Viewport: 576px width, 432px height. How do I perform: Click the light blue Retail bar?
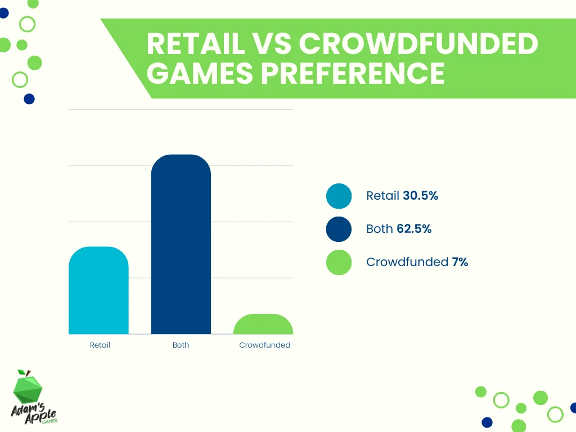tap(98, 290)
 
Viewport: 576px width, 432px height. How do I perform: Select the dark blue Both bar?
tap(181, 244)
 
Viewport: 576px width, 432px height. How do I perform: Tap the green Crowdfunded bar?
tap(263, 325)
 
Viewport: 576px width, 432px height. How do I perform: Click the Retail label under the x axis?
tap(100, 345)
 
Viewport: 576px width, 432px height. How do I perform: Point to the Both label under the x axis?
tap(181, 345)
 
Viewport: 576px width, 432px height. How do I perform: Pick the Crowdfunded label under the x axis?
tap(265, 345)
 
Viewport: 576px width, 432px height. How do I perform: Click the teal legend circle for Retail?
tap(339, 196)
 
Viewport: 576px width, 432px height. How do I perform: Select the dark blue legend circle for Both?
tap(339, 229)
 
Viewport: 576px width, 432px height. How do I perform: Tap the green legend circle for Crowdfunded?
tap(339, 262)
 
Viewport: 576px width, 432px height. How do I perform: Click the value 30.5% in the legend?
tap(420, 195)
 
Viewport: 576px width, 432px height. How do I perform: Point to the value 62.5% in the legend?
tap(414, 228)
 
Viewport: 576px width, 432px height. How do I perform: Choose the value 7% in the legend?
tap(460, 262)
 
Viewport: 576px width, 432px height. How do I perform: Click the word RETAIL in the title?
tap(196, 43)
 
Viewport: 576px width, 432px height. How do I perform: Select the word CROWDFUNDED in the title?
tap(418, 43)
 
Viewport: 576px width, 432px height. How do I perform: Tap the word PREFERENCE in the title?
tap(353, 73)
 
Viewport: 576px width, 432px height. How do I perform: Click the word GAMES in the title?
tap(200, 73)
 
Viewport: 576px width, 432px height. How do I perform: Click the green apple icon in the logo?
tap(28, 387)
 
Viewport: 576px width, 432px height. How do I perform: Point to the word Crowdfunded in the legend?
tap(407, 262)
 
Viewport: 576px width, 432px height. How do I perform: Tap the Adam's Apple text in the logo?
tap(34, 413)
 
